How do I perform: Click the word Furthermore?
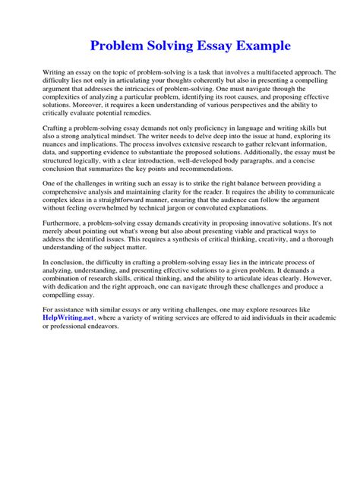click(x=65, y=235)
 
